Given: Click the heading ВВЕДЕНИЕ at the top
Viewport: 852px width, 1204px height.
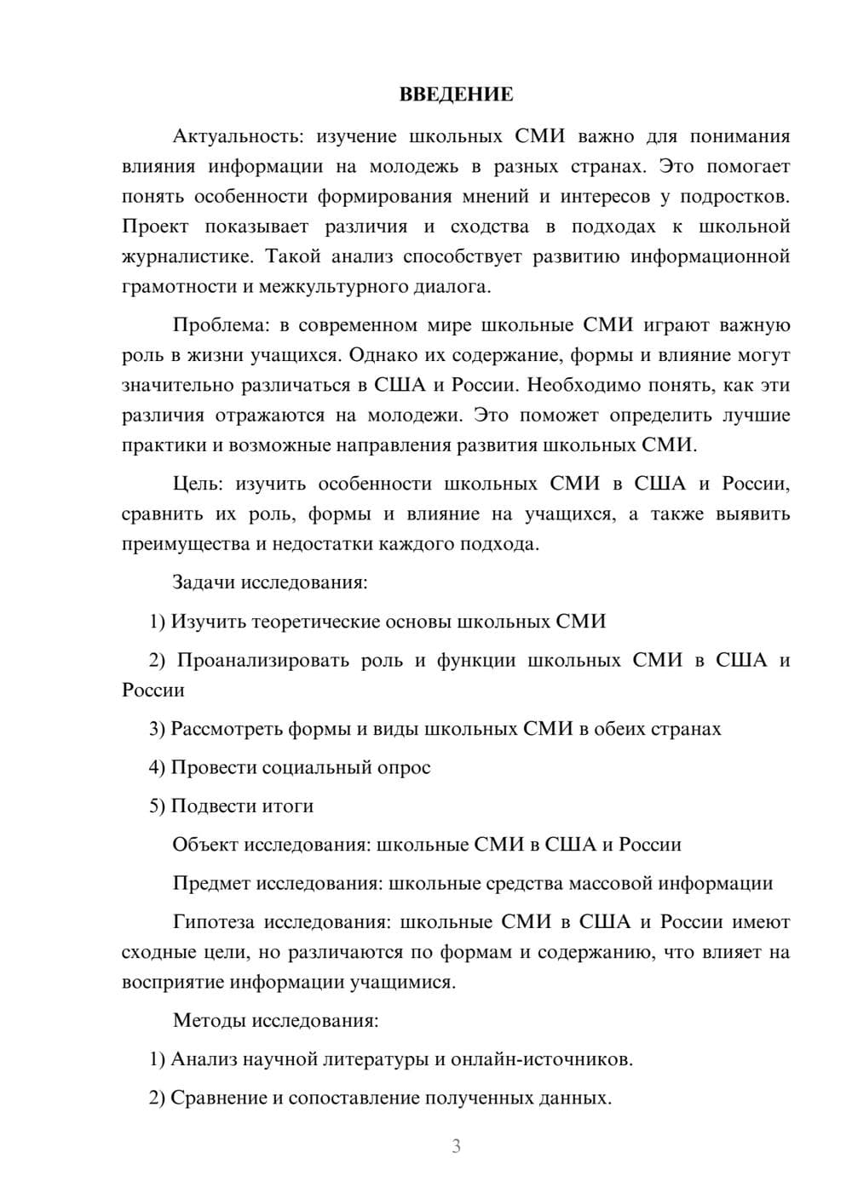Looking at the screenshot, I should [456, 95].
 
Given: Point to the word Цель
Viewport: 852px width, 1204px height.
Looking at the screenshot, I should [198, 484].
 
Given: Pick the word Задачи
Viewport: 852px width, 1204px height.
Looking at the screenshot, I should [204, 583].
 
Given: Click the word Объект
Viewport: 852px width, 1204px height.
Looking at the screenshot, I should [205, 845].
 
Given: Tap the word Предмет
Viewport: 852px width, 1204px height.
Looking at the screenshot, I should [211, 883].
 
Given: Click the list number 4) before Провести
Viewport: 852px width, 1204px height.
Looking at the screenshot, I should [157, 767].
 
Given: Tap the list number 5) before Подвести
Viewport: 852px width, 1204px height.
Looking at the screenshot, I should [157, 806].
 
